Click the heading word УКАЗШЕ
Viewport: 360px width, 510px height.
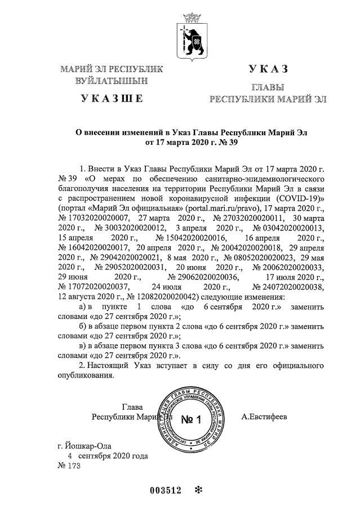click(x=112, y=99)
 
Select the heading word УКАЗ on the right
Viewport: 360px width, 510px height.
click(x=268, y=69)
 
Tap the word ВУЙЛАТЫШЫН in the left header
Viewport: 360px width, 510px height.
click(x=112, y=81)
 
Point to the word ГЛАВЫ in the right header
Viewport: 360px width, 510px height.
click(x=268, y=88)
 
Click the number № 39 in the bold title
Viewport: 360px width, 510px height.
click(x=226, y=142)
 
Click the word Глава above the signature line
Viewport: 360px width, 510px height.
click(x=132, y=407)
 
